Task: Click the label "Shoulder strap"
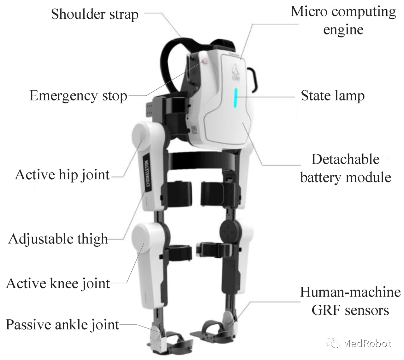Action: pos(95,14)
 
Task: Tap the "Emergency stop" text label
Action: pos(78,96)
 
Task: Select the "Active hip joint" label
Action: pos(62,175)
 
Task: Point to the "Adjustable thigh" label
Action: pos(58,239)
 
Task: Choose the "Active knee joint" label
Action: pos(58,283)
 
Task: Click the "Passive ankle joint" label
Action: pos(62,325)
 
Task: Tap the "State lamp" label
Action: pos(333,96)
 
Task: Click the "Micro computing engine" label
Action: pos(343,21)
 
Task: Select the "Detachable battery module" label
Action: pos(346,168)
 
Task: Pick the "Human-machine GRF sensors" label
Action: pos(350,301)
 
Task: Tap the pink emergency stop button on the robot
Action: pos(204,61)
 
